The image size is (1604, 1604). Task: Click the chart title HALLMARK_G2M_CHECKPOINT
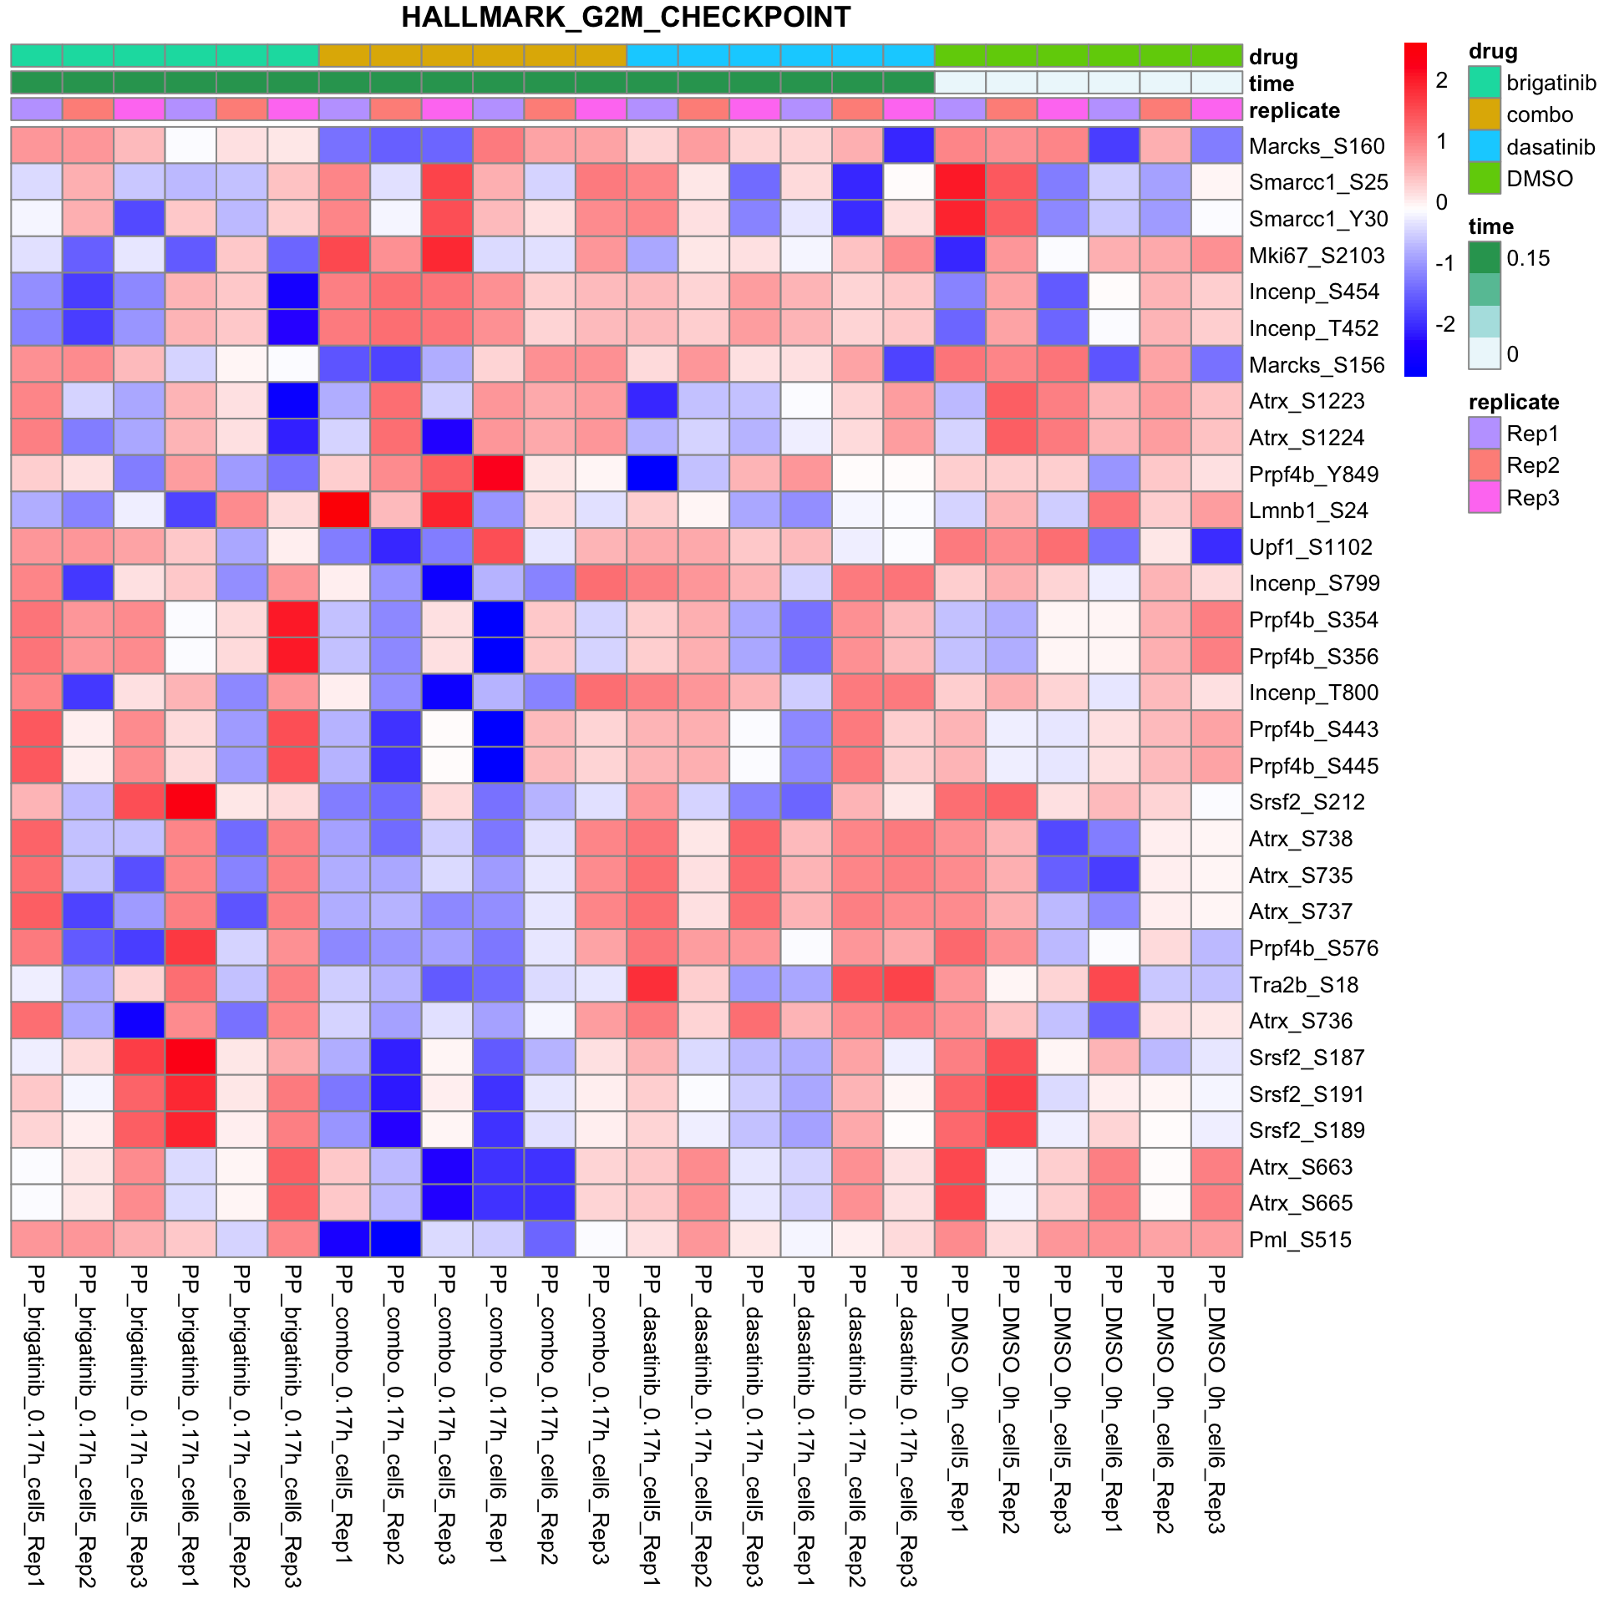(x=626, y=18)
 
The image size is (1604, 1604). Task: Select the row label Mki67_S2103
(x=1317, y=256)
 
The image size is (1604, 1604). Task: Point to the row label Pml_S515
(x=1300, y=1240)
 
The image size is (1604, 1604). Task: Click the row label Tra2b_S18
(x=1303, y=985)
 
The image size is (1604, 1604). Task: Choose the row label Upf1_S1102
(x=1310, y=547)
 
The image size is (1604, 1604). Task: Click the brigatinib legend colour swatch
(x=1485, y=83)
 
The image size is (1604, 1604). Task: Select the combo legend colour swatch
(x=1485, y=114)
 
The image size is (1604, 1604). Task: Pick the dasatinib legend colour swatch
(x=1485, y=147)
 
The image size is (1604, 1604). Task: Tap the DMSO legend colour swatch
(x=1485, y=179)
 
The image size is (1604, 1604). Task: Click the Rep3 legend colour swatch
(x=1485, y=498)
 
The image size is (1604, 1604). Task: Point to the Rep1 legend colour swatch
(x=1485, y=434)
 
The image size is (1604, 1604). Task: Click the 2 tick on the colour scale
(x=1441, y=81)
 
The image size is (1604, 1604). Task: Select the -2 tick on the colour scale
(x=1444, y=324)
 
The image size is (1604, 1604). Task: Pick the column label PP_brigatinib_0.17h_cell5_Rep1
(x=36, y=1425)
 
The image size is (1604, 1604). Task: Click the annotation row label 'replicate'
(x=1294, y=110)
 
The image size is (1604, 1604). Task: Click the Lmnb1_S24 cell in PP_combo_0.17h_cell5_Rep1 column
(x=344, y=510)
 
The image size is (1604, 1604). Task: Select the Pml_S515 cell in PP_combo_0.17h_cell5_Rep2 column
(x=396, y=1240)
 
